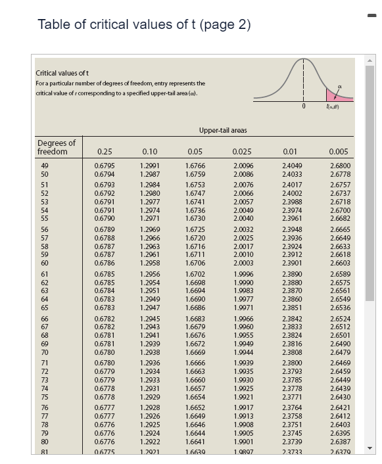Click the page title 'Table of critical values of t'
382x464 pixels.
(144, 25)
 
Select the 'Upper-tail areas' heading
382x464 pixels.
(223, 131)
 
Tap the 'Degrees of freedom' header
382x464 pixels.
(57, 147)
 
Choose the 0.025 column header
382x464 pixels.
(242, 152)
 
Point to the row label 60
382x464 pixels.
(45, 263)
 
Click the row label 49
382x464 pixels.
(45, 166)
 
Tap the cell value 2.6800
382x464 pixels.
(338, 166)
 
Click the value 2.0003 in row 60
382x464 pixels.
(243, 263)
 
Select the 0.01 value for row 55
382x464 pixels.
(292, 218)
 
